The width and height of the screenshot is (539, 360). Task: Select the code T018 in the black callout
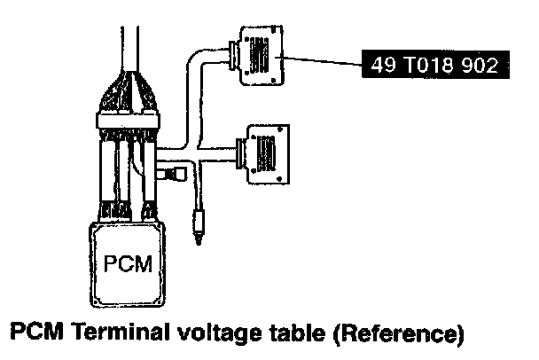click(428, 65)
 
